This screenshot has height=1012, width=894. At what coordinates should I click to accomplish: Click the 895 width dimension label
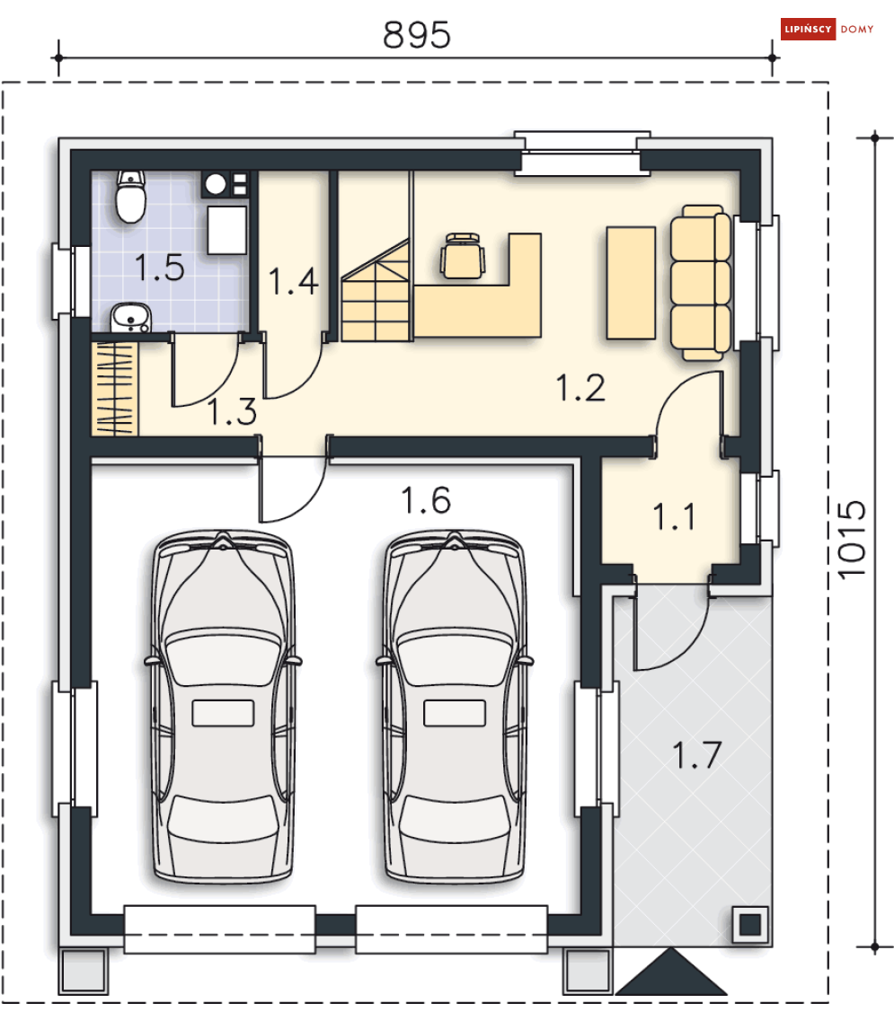417,35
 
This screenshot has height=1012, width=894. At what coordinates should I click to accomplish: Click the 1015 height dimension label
852,540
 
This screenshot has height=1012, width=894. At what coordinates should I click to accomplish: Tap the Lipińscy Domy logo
828,29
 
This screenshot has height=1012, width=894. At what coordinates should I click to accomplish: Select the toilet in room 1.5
130,196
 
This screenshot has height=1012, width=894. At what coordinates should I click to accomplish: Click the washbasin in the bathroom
131,318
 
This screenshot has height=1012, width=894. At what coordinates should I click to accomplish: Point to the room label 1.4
293,282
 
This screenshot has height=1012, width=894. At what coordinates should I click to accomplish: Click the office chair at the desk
463,256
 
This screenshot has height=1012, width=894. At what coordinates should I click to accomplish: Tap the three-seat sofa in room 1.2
700,283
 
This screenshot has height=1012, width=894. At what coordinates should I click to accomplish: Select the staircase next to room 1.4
376,289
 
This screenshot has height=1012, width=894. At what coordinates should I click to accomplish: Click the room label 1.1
675,517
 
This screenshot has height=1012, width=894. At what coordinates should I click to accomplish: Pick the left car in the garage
223,706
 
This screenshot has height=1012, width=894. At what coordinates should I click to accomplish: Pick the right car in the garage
455,706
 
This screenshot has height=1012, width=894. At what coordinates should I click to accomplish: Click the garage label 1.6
426,501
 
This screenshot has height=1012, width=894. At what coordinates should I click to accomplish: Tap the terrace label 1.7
696,754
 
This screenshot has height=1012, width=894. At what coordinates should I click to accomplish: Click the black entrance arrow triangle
671,972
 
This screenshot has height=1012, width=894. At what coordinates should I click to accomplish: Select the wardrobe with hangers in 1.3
115,389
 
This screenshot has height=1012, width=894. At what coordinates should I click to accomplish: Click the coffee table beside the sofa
631,283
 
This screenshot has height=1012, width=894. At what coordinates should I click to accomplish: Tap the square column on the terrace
750,925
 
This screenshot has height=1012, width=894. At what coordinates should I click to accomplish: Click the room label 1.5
160,268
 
